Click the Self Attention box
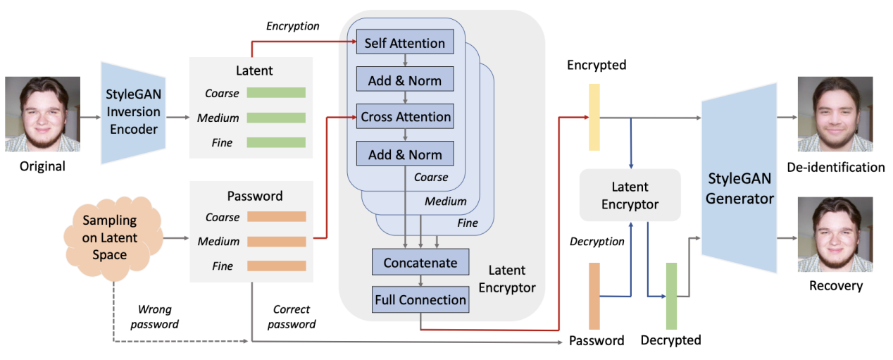405,43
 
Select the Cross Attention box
405,117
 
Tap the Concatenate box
420,263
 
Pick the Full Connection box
420,299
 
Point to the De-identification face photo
835,114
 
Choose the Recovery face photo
835,234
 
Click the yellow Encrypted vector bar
594,117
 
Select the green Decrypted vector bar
671,295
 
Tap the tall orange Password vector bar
594,295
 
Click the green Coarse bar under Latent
276,92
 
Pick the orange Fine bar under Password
276,266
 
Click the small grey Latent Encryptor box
630,195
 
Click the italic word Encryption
292,26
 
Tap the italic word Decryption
597,242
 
